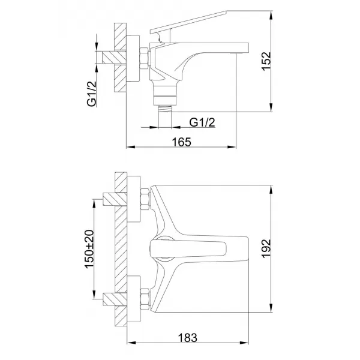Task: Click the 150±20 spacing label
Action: (x=91, y=248)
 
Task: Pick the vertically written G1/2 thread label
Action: (x=92, y=95)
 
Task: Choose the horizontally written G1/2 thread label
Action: (x=202, y=122)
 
